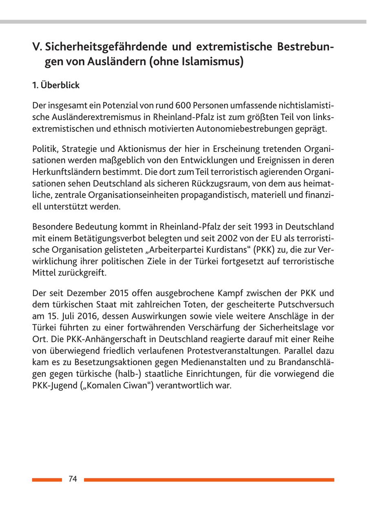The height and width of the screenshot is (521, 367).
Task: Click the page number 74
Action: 73,479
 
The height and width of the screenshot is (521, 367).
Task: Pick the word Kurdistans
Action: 213,249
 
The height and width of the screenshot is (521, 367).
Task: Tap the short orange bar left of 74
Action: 47,480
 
